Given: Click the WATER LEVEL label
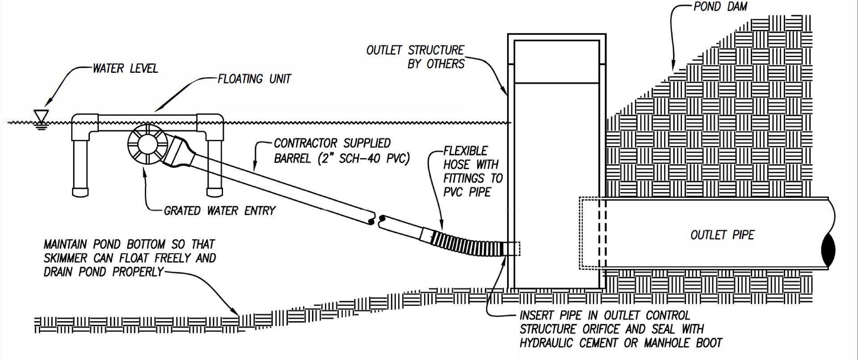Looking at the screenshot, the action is click(x=125, y=68).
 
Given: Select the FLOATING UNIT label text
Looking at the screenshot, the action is click(x=254, y=79).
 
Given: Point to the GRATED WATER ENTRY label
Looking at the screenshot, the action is click(x=219, y=210).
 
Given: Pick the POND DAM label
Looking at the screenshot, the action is click(x=720, y=7).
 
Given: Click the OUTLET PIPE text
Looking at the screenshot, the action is click(x=722, y=235).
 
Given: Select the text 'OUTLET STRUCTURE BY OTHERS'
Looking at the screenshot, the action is click(x=416, y=57).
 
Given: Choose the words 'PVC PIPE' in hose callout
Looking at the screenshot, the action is click(x=467, y=192).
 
